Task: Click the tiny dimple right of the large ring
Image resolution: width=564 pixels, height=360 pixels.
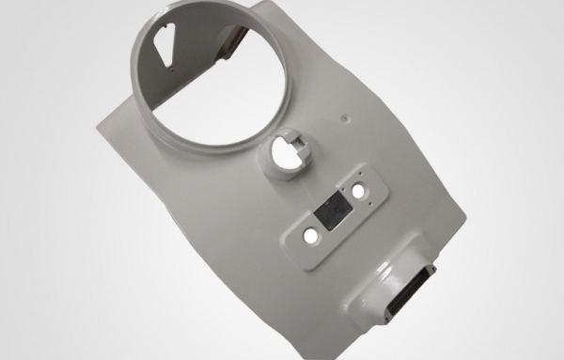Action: click(345, 118)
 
